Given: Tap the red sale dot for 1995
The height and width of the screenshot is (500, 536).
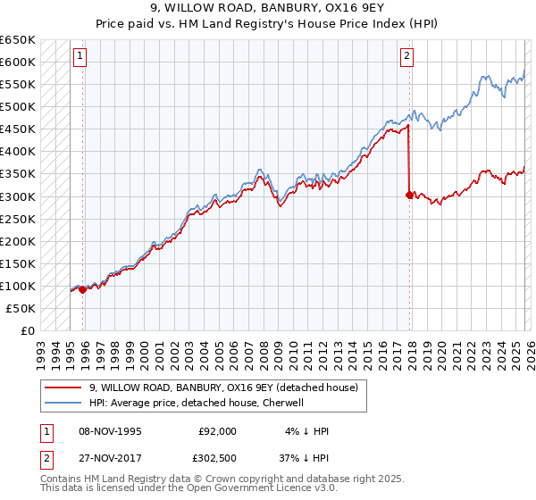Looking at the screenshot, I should (x=82, y=288).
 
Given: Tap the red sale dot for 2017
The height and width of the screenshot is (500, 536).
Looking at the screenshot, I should (x=409, y=195).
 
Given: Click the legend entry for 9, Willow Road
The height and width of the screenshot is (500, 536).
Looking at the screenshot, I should (x=223, y=387).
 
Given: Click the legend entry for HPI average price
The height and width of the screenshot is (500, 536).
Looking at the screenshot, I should (x=197, y=403).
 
